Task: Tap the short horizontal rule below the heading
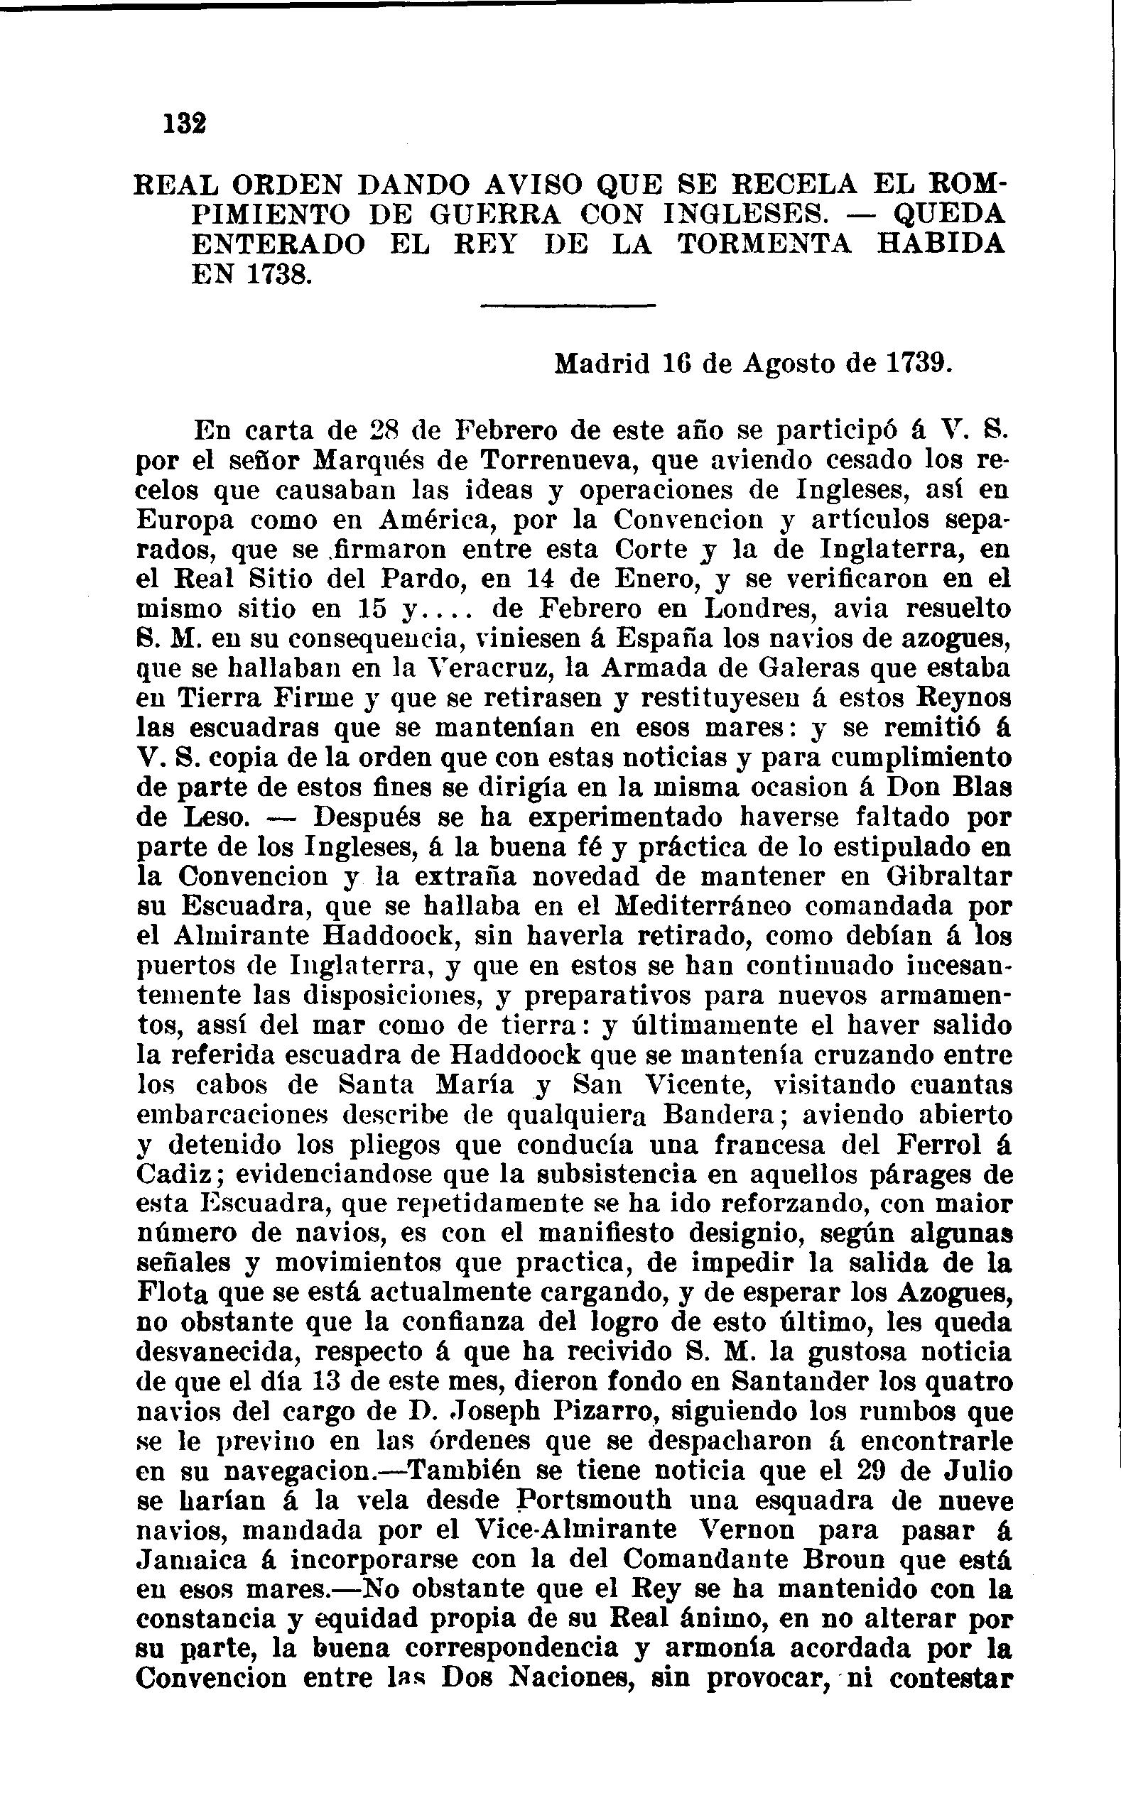click(568, 306)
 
